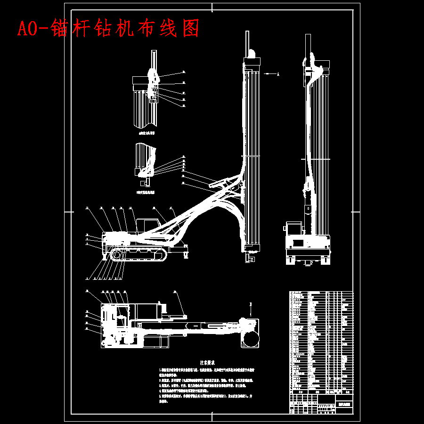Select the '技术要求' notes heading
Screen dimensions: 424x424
point(207,363)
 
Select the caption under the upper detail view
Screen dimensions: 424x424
point(146,133)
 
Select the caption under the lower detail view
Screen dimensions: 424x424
point(145,192)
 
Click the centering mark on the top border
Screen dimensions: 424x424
point(212,7)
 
